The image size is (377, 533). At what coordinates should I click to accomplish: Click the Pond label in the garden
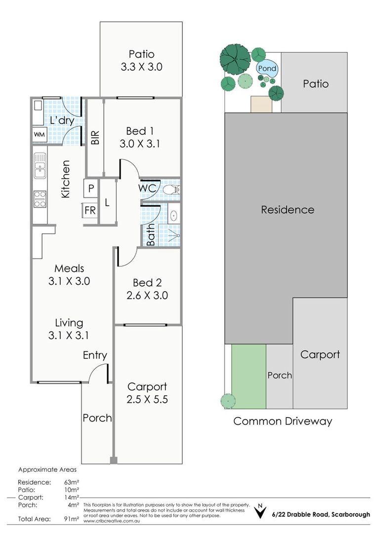point(267,68)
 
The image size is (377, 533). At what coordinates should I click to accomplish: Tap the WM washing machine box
point(39,135)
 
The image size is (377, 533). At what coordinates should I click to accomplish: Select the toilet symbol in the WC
point(171,189)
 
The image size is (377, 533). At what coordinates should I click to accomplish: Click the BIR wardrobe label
point(95,138)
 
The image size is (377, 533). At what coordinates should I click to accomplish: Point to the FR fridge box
point(90,210)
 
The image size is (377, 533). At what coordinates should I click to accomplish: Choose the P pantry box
point(91,189)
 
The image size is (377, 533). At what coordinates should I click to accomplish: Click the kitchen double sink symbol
point(40,165)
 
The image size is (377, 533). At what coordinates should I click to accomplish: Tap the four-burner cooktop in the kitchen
point(40,199)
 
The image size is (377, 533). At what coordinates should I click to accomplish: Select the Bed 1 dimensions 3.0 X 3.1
point(139,144)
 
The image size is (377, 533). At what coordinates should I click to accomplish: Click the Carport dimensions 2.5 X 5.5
point(147,399)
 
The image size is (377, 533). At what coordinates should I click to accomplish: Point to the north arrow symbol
point(260,511)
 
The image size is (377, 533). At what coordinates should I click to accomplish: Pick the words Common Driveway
point(283,421)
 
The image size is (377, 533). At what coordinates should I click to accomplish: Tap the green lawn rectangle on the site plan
point(249,376)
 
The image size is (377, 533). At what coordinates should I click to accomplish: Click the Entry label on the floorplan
point(95,355)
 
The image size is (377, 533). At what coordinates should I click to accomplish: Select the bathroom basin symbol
point(173,215)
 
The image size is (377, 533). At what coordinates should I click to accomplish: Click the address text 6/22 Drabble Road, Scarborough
point(321,514)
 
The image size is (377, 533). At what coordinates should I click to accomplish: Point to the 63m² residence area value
point(72,482)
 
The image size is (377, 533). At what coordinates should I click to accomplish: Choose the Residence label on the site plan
point(288,210)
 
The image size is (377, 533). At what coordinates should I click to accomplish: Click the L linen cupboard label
point(107,203)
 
